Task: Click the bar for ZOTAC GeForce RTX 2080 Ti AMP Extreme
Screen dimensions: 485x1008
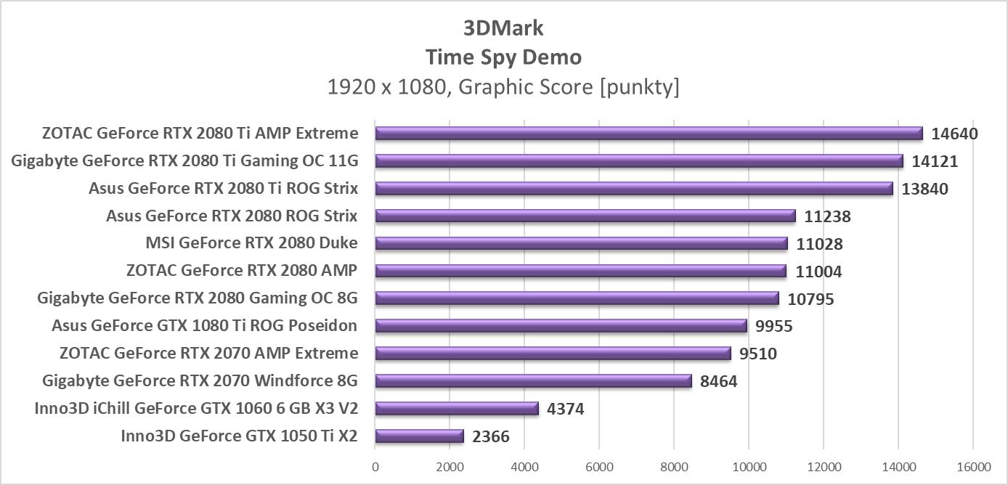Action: (649, 134)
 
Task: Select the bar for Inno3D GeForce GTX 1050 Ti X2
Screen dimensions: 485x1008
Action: (419, 436)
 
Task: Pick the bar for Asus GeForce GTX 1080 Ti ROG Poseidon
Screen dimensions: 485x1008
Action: (561, 326)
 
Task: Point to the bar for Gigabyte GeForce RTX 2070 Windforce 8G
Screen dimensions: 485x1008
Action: (533, 381)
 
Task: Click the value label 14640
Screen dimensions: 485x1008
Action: (955, 134)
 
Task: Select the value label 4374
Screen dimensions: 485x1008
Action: (565, 409)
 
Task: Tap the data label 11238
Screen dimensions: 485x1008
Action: (827, 216)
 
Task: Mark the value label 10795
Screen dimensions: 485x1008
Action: (810, 299)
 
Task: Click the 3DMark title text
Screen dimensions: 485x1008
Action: (503, 28)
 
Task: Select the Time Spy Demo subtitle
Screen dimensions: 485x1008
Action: (503, 57)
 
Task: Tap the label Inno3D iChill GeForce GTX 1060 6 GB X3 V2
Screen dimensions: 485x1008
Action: (196, 408)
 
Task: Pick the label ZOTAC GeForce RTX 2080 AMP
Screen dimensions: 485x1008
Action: (241, 271)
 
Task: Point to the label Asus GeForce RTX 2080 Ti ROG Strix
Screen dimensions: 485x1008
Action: (223, 189)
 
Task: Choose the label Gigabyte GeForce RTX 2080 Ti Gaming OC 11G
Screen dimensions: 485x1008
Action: (184, 161)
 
